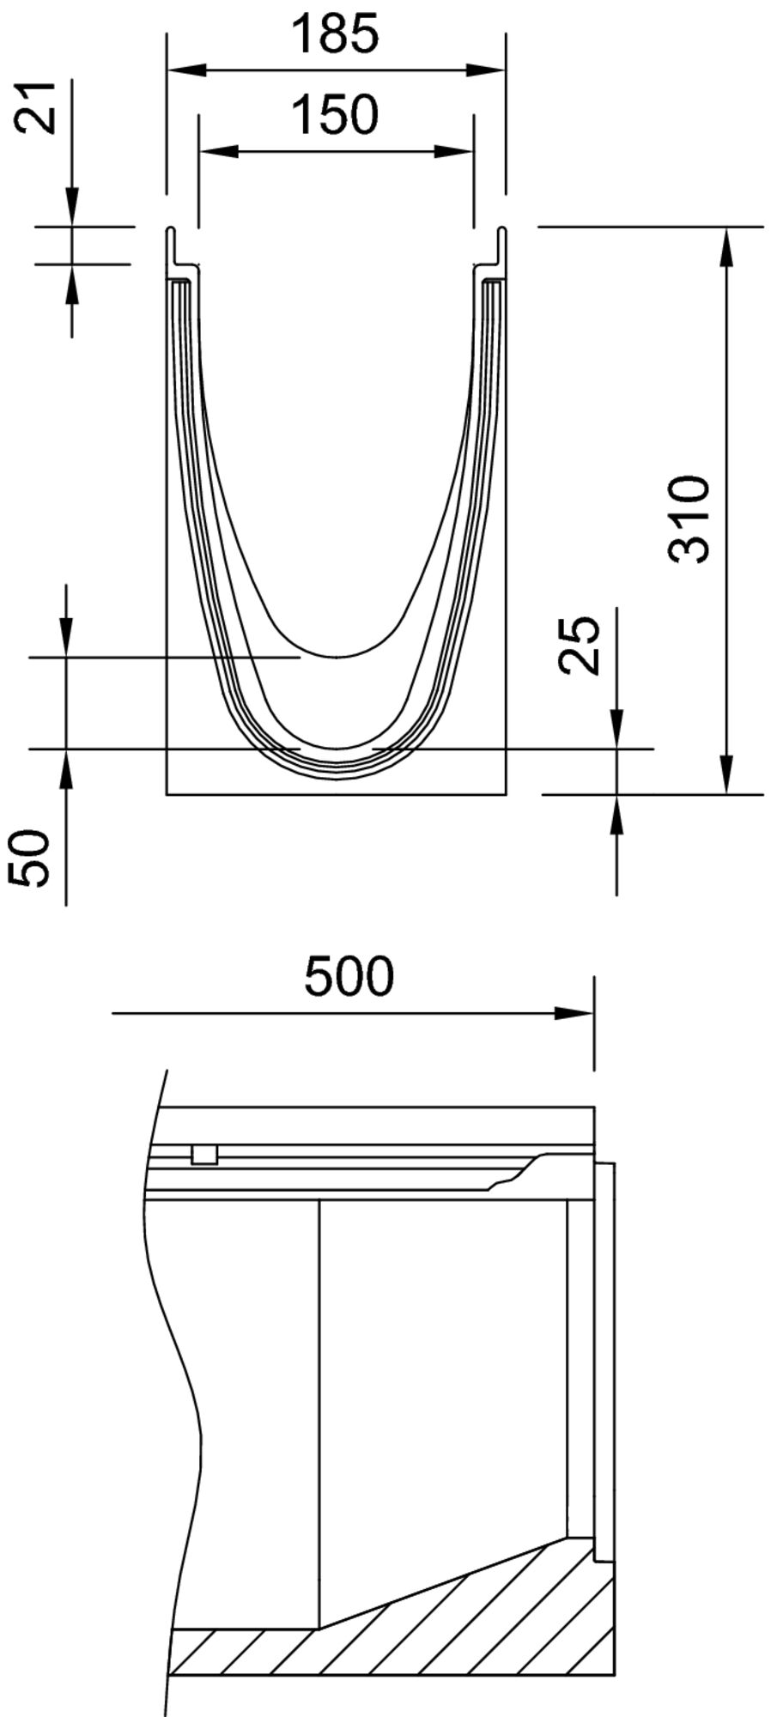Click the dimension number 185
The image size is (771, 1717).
[334, 34]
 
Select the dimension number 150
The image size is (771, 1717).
[334, 115]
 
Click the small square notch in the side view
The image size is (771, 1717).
[203, 1155]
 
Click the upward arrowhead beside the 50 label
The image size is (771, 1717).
[66, 768]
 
